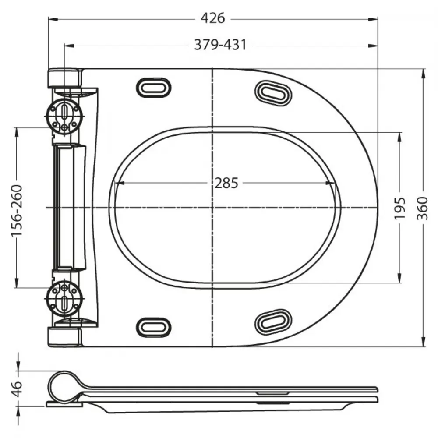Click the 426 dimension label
(212, 18)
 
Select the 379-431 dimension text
(220, 45)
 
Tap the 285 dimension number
(226, 183)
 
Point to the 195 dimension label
(400, 208)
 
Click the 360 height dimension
(422, 208)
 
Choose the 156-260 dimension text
(17, 210)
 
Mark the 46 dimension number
(17, 388)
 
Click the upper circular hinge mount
(64, 117)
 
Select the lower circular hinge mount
(64, 299)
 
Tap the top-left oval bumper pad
(154, 88)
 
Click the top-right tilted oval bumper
(273, 93)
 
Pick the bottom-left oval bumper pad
(154, 327)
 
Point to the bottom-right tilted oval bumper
(273, 322)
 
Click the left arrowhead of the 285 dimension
(120, 183)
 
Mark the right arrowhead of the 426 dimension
(373, 19)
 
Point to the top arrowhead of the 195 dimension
(400, 137)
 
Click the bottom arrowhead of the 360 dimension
(424, 342)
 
